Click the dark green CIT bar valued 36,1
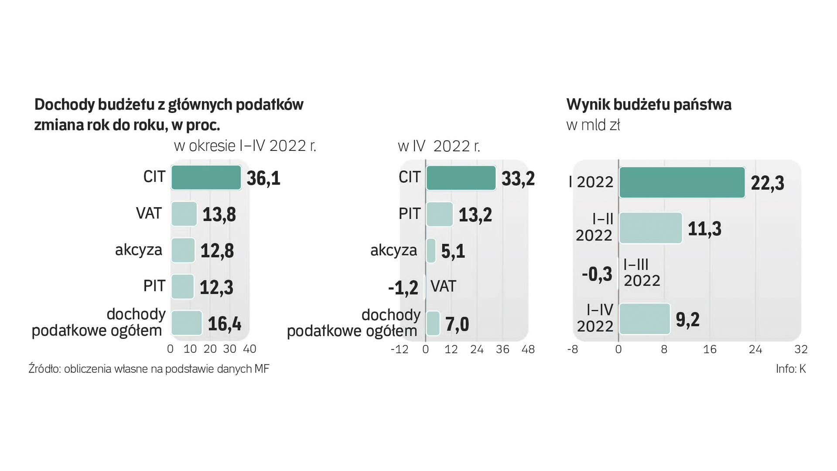206,177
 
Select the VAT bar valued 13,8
184,214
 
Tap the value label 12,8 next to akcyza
217,251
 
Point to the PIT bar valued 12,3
182,287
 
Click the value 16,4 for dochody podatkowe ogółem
224,324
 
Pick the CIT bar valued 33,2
461,178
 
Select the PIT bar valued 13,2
439,214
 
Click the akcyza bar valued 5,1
430,251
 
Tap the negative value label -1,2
403,288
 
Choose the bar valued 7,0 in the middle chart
433,324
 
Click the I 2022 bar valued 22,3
682,182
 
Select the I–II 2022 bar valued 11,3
650,228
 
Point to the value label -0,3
597,274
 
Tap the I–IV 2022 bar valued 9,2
644,319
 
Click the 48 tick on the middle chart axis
528,349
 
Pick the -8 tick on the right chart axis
572,349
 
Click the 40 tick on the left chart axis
249,349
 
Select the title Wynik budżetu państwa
649,105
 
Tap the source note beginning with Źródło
149,369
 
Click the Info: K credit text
790,369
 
